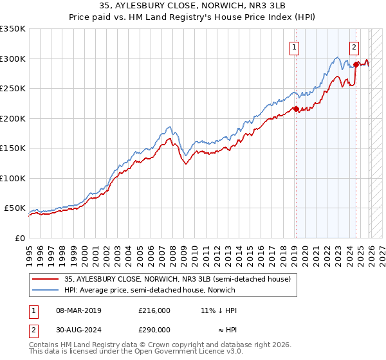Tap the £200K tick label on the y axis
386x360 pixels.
tap(12, 118)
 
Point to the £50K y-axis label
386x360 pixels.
tap(14, 208)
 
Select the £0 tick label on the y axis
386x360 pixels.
tap(19, 238)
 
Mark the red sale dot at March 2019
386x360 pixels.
tap(296, 109)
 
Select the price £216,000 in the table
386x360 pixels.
tap(154, 310)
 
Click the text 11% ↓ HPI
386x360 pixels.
tap(218, 310)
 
